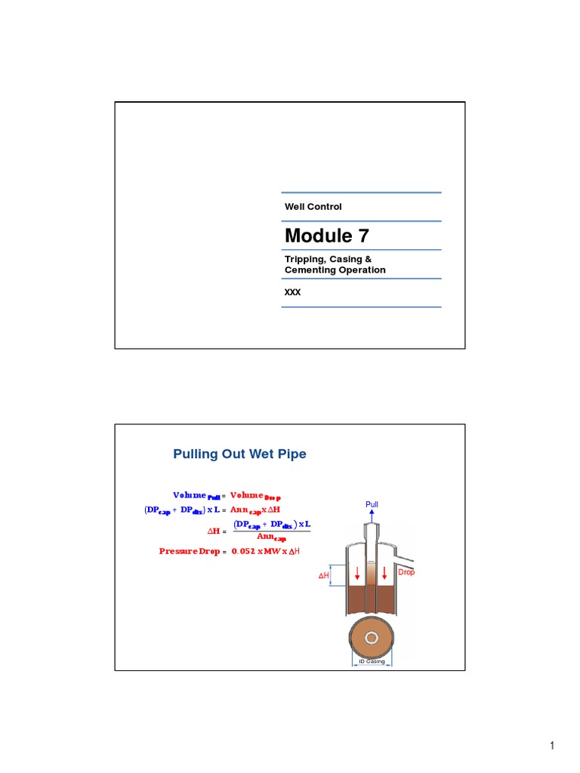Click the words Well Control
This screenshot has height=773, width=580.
[313, 207]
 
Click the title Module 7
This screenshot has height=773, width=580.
[327, 236]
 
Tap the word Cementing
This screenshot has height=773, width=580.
[309, 269]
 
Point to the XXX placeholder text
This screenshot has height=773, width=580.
[292, 292]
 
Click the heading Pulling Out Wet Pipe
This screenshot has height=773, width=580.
[239, 454]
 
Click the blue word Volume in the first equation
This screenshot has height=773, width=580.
[189, 495]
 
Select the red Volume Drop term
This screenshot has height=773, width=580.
[261, 495]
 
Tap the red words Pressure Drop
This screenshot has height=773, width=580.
[189, 551]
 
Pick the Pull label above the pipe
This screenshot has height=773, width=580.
[372, 504]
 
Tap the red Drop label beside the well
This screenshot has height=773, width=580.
[406, 572]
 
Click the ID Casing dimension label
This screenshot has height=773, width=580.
[371, 661]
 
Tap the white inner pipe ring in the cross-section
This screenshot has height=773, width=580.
[371, 638]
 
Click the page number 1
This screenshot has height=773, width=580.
[552, 747]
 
